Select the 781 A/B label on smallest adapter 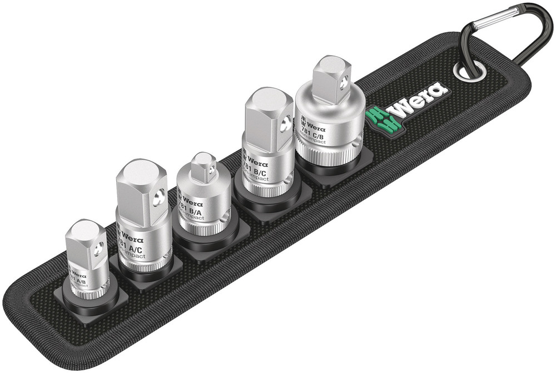pos(78,281)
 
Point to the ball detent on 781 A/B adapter pos(100,248)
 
